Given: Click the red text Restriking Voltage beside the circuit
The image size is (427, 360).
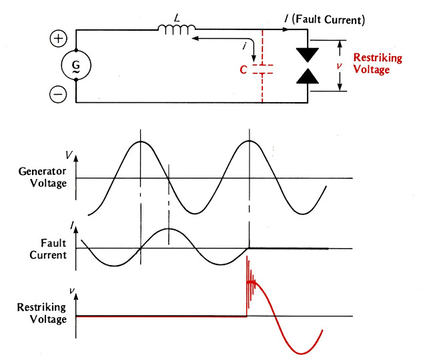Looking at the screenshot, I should point(377,63).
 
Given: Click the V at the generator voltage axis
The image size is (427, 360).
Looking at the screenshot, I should point(69,154).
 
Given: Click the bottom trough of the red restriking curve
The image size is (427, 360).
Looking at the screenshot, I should point(302,353).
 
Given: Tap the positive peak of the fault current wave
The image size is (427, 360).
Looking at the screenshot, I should point(169,229).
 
